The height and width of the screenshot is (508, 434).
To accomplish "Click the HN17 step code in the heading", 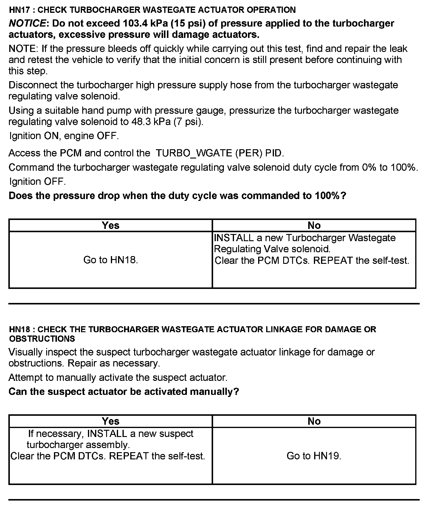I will pyautogui.click(x=20, y=10).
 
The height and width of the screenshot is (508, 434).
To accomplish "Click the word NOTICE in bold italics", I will pyautogui.click(x=27, y=23).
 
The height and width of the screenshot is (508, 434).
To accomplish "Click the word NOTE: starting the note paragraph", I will pyautogui.click(x=24, y=49).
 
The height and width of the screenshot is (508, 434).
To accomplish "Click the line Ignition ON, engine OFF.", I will pyautogui.click(x=64, y=136).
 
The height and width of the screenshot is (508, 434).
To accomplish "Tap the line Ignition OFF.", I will pyautogui.click(x=38, y=181).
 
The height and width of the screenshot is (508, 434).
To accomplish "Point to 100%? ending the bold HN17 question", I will pyautogui.click(x=331, y=196).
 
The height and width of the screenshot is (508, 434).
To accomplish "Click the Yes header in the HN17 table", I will pyautogui.click(x=111, y=225).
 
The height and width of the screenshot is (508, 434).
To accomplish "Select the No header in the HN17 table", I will pyautogui.click(x=314, y=225).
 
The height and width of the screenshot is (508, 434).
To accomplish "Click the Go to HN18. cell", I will pyautogui.click(x=111, y=260).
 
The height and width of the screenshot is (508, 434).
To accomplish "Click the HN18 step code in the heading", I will pyautogui.click(x=20, y=329).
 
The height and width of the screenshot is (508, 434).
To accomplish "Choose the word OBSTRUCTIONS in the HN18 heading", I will pyautogui.click(x=42, y=339).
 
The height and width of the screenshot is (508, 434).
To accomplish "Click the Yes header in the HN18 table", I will pyautogui.click(x=111, y=421).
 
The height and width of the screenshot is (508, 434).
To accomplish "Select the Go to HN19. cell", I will pyautogui.click(x=314, y=456).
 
